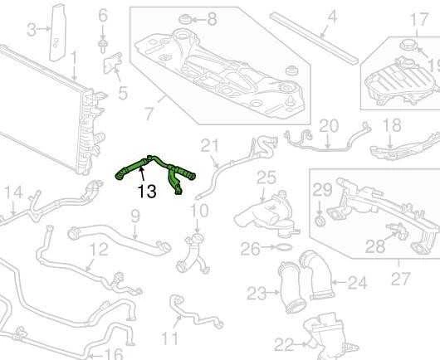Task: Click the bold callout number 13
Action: coord(147,192)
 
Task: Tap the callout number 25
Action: coord(266,178)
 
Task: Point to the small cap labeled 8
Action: coord(184,20)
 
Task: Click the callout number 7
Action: coord(149,114)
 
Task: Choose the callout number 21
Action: coord(209,145)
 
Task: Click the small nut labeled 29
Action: coord(320,221)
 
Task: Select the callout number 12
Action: coord(99,249)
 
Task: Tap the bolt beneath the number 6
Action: coord(103,46)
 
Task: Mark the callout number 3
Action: coord(32,29)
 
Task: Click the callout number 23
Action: coord(257,294)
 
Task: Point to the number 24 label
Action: coord(357,283)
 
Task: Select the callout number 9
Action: coord(135,216)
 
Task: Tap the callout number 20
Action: coord(329,126)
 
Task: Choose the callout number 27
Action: coord(400,279)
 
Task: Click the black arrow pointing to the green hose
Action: coord(143,173)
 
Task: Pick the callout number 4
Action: coord(332,17)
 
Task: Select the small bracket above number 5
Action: coord(113,63)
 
